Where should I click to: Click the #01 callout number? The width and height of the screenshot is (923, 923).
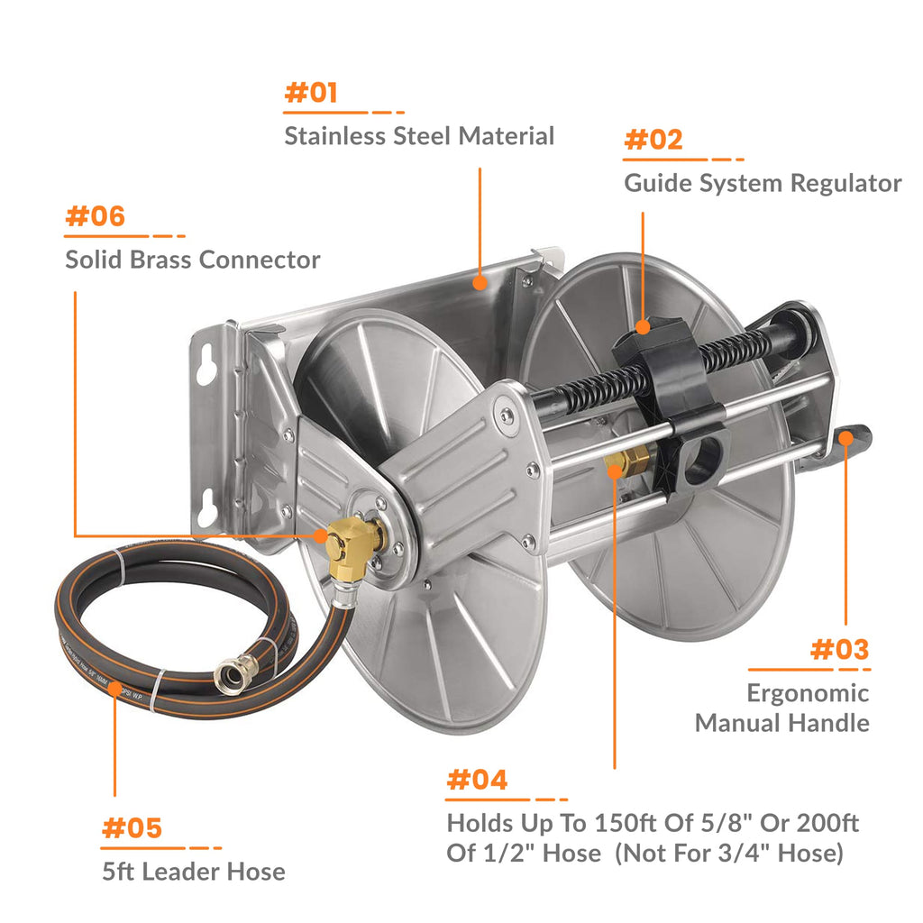point(311,93)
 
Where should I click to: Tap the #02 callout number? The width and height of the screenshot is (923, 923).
point(653,140)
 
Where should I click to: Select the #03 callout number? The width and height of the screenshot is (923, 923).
point(839,649)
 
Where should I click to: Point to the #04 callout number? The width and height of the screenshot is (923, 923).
point(477,780)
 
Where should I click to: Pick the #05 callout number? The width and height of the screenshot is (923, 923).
point(132,827)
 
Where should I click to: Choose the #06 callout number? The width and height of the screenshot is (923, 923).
point(95,217)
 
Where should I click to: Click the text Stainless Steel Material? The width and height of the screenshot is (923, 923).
point(419,136)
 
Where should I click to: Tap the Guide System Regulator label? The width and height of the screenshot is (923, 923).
point(763,183)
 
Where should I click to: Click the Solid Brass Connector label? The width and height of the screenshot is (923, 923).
point(192,260)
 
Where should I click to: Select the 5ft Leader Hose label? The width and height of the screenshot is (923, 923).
point(193,872)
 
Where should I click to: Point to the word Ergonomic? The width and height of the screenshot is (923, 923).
point(808,693)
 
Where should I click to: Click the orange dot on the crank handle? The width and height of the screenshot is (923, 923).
point(847,438)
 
